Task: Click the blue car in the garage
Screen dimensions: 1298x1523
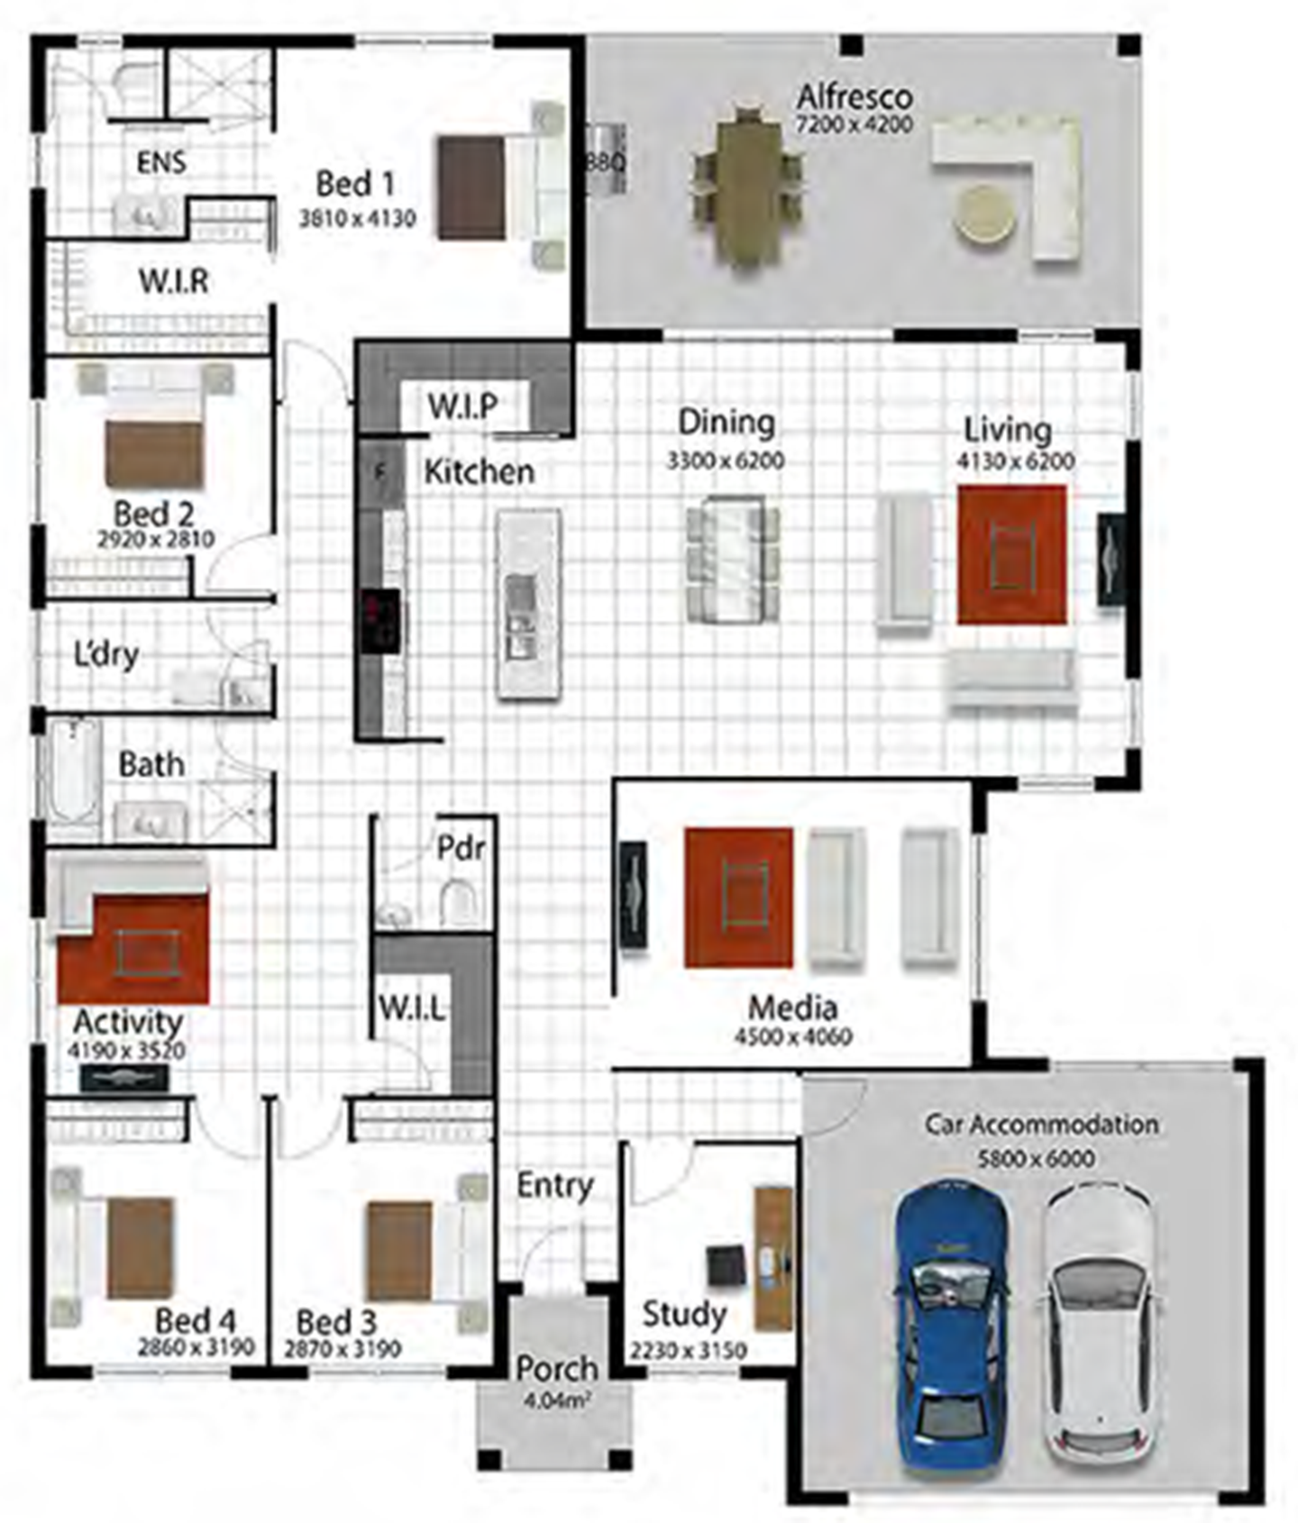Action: tap(952, 1328)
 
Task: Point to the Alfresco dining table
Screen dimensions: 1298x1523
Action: tap(748, 187)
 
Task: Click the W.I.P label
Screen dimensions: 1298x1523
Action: tap(462, 406)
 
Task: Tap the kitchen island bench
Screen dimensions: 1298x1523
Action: tap(528, 604)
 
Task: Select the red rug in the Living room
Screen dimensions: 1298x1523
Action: tap(1011, 554)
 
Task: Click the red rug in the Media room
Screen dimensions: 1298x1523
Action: tap(738, 897)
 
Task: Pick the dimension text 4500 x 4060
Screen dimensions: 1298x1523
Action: tap(793, 1037)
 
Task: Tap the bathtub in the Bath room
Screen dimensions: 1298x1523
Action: tap(74, 771)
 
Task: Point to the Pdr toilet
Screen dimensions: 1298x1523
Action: tap(459, 902)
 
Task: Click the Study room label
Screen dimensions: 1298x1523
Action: tap(684, 1315)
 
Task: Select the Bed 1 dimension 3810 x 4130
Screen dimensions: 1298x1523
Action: tap(358, 218)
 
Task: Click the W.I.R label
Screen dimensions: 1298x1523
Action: tap(174, 281)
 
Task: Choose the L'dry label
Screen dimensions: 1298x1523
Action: tap(106, 655)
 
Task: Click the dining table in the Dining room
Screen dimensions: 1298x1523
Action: tap(732, 560)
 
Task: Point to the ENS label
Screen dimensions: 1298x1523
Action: tap(161, 162)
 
